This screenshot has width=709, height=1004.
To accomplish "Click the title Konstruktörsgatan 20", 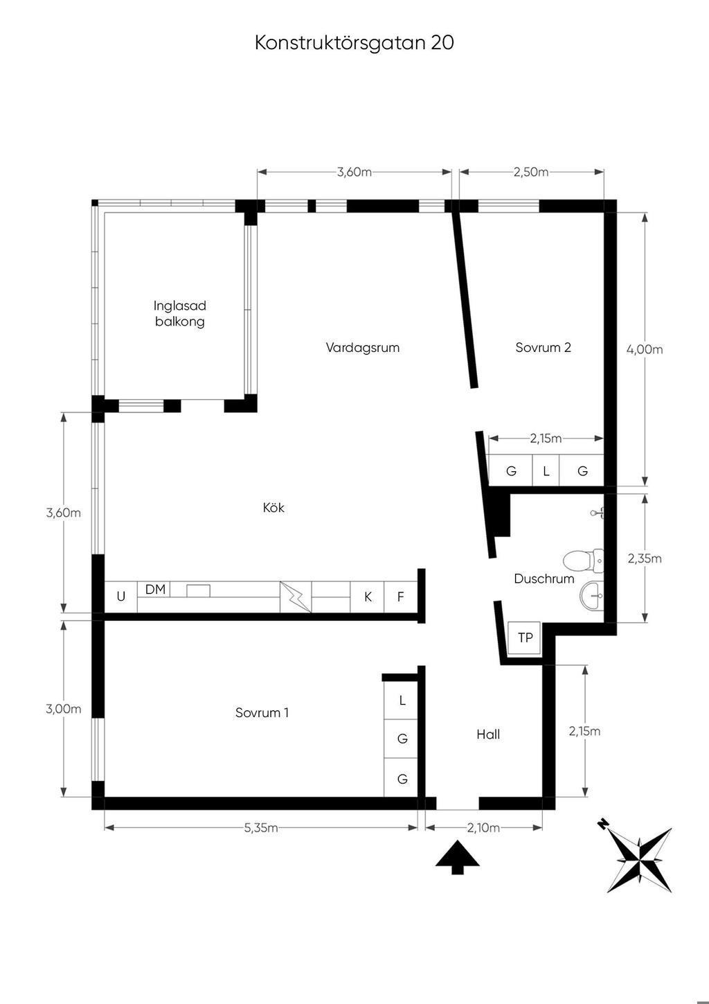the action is point(354,42).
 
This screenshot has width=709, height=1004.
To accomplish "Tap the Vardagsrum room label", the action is point(362,348).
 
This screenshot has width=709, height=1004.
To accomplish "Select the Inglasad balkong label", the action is point(179,314).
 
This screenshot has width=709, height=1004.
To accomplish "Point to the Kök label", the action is point(273,507).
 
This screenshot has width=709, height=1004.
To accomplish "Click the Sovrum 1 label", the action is point(262,713).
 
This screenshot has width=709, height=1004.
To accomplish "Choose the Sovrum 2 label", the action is point(543,348).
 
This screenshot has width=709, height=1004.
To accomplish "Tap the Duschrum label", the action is point(544,579).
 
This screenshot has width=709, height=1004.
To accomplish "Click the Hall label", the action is point(487,734).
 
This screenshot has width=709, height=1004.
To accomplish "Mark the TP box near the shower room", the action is point(524,638).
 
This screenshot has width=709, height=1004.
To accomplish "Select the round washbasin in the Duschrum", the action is point(592,596).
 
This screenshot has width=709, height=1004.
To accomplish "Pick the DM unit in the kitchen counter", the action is point(155,590).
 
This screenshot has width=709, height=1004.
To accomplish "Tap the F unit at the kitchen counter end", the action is point(400,597).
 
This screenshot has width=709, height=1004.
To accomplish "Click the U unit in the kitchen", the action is point(120,597).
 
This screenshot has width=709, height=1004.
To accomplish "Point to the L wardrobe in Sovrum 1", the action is point(402,701).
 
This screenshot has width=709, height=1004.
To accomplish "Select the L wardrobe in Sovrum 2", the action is point(546,470).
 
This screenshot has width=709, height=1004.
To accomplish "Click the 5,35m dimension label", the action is point(260,827).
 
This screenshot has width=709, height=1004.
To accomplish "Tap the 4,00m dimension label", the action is point(645,349).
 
